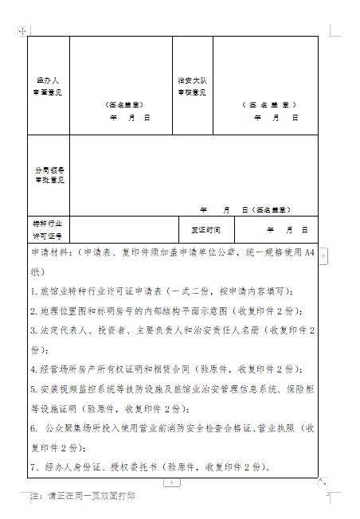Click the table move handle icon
point(22,29)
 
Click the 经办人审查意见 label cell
point(49,86)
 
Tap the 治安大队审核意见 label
point(191,86)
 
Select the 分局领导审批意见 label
point(49,175)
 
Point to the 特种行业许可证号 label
point(49,230)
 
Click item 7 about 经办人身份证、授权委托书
point(151,467)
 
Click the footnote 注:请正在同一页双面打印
point(82,496)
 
